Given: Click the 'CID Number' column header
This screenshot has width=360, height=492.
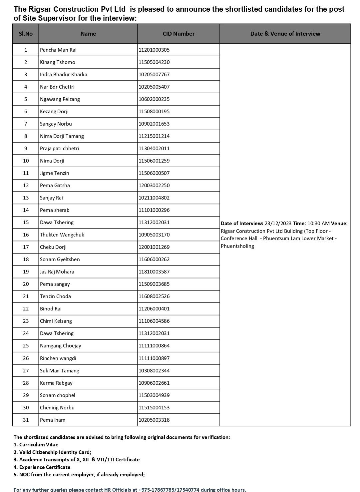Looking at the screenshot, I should coord(179,34).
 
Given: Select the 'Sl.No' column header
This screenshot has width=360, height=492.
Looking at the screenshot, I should coord(26,34).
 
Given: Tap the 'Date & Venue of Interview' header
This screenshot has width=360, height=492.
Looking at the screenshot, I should coord(285,34).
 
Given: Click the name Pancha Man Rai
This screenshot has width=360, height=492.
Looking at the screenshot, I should coord(58,50).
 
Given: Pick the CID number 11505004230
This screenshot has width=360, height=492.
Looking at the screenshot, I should coord(154,62).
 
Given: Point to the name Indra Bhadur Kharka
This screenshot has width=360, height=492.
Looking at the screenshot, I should coord(64,75).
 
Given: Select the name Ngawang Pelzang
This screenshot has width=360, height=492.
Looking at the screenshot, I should coord(60,99).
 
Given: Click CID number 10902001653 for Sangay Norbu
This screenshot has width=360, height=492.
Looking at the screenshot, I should coord(154,124).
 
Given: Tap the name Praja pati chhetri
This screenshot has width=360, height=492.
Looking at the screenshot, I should coord(60,149).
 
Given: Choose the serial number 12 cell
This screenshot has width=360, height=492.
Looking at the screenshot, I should coord(26,186).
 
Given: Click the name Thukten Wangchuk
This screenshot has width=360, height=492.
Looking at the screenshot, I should coord(62,235).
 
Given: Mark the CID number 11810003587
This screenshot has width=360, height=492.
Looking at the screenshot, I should coord(154,272).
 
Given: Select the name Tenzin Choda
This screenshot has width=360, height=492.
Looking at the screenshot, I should coord(55,296).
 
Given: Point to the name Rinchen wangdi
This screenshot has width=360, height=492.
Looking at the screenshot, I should coord(58,358).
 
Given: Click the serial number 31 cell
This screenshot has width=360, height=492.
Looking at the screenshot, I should coord(26,420).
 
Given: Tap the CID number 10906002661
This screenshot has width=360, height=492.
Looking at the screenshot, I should coord(154,383).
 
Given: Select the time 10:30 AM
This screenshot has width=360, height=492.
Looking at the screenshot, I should coord(318,224).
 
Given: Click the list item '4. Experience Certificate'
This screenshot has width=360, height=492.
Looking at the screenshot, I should coord(42,467).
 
